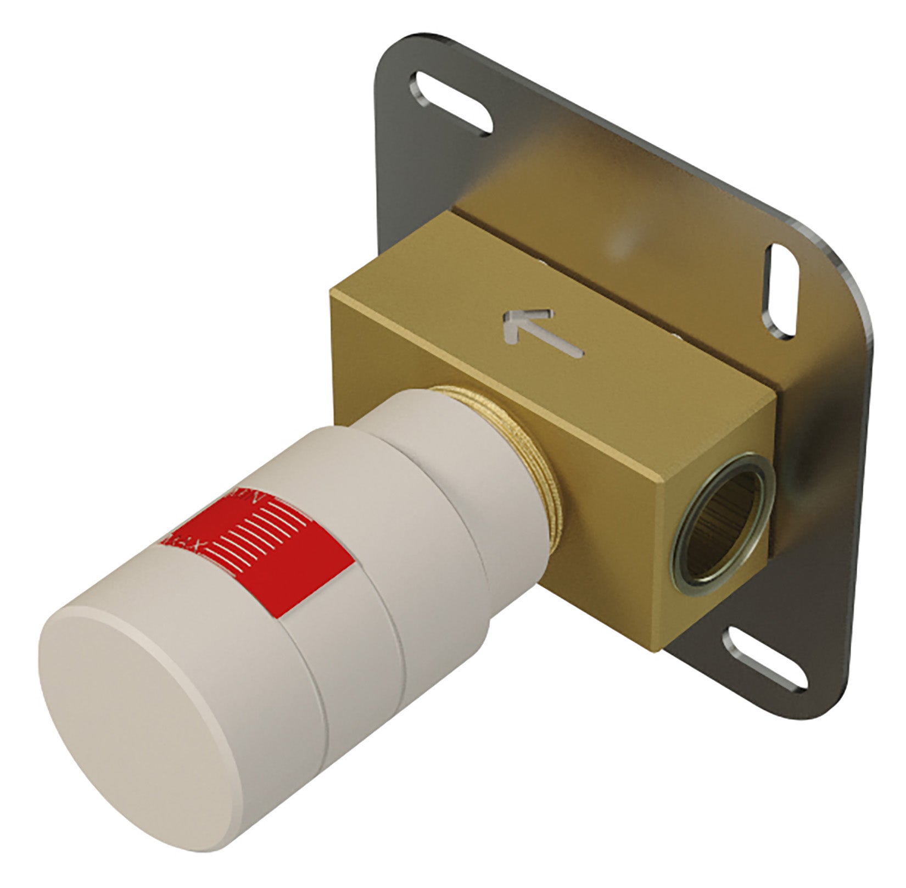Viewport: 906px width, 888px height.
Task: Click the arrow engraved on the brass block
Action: pos(541,332)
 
